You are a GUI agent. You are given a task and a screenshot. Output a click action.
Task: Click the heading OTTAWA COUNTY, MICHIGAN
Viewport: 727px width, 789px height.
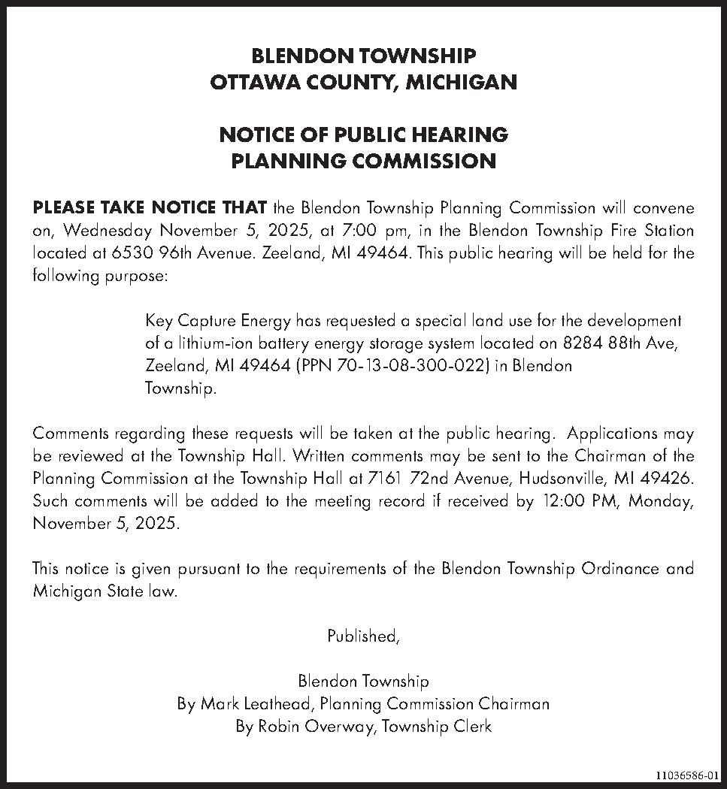[x=364, y=82]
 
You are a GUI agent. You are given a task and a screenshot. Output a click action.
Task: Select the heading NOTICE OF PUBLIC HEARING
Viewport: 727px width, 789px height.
[x=364, y=135]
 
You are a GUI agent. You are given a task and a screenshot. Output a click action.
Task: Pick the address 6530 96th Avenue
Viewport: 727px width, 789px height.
[x=183, y=253]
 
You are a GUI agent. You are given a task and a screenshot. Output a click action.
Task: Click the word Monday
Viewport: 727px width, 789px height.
[x=662, y=501]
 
